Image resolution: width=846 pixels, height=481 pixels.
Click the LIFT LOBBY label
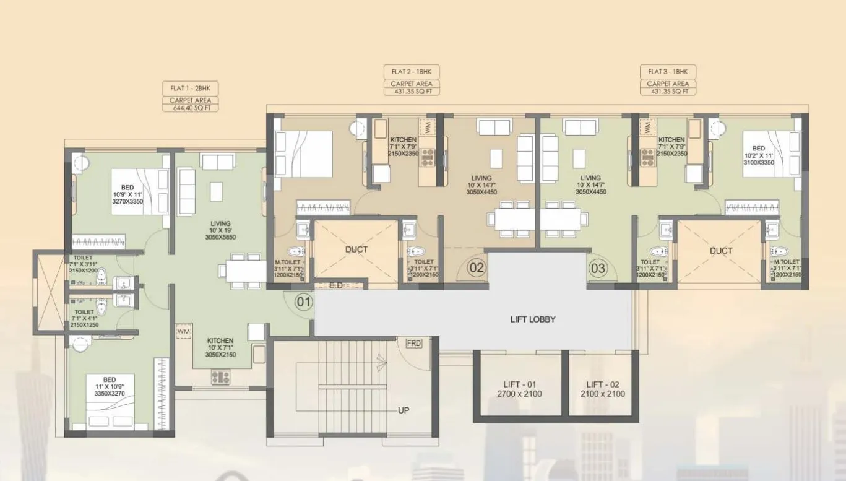532,319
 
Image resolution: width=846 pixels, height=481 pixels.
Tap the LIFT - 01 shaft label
519,384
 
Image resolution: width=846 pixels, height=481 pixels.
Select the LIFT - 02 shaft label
602,384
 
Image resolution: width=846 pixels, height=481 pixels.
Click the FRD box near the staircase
414,344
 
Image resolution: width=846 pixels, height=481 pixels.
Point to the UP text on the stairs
404,410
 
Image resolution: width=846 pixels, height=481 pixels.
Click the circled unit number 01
303,303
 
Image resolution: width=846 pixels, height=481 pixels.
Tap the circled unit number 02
476,269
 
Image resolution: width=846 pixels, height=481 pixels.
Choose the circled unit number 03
598,269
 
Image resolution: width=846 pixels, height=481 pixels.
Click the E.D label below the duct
337,285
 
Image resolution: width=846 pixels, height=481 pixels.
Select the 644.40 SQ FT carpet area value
190,108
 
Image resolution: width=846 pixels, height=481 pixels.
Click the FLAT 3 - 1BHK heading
668,71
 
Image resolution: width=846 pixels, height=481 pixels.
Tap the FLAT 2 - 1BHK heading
411,71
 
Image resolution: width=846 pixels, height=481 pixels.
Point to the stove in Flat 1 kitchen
220,375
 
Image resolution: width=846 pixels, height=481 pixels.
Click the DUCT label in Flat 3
721,251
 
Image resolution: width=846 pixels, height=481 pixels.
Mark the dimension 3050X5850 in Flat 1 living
220,237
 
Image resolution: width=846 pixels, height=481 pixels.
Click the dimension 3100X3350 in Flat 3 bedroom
759,162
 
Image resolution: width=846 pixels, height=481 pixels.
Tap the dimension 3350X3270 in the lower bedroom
110,393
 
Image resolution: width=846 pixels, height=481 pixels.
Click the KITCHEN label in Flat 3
671,140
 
